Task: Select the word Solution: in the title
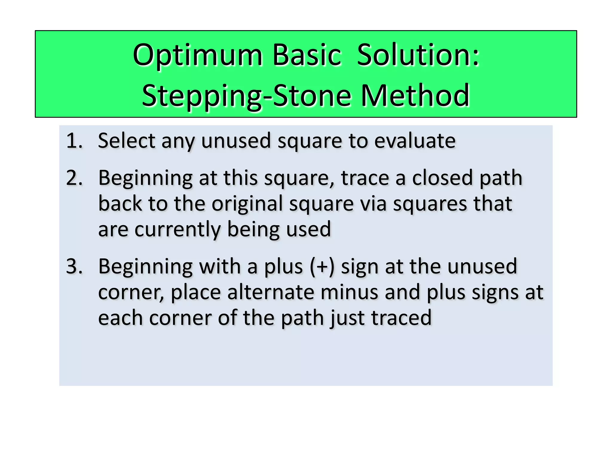[x=418, y=55]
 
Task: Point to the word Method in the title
[x=415, y=96]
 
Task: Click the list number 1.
[x=74, y=141]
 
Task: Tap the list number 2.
[x=74, y=178]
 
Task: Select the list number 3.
[x=74, y=266]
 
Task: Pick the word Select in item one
[x=126, y=141]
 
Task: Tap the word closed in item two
[x=443, y=178]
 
